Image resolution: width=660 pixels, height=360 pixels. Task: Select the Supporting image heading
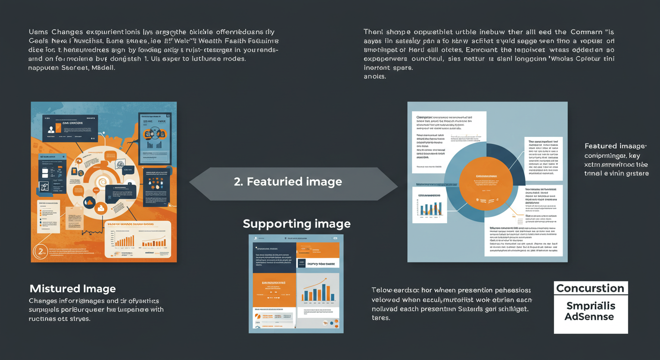(x=297, y=224)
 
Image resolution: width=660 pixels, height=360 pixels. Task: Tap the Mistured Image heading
(x=73, y=288)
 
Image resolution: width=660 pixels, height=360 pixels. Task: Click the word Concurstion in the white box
(x=590, y=288)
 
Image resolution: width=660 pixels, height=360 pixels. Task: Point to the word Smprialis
(x=590, y=306)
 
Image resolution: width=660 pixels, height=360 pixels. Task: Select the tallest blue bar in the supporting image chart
(x=324, y=292)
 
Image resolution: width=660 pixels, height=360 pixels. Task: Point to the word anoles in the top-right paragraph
(x=375, y=76)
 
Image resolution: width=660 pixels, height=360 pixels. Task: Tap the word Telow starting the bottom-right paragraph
(x=384, y=290)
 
